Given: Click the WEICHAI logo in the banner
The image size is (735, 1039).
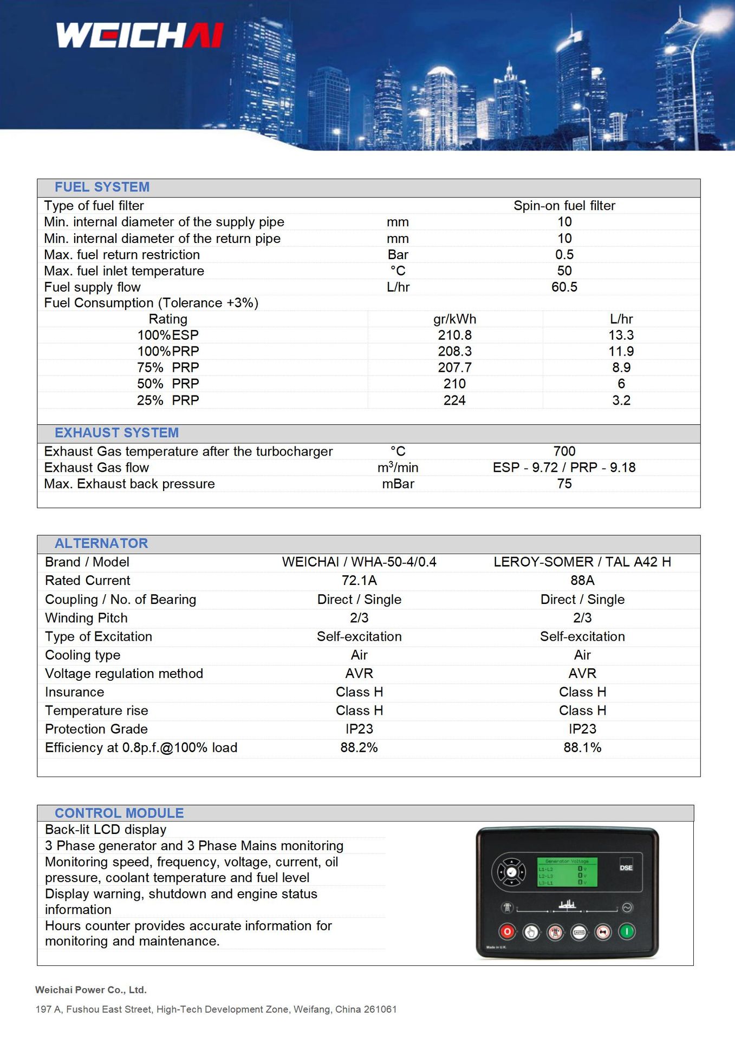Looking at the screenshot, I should point(140,35).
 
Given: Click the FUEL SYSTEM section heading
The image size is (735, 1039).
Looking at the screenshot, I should point(102,187).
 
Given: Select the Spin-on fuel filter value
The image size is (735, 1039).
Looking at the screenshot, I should point(564,206).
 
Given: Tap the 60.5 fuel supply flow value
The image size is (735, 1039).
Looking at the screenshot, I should point(564,287).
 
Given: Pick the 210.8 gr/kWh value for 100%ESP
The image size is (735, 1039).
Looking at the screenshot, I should point(454,335).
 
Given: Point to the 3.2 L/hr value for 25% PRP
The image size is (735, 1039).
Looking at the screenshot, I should point(621,400).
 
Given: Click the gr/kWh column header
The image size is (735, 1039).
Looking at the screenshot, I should point(454,319).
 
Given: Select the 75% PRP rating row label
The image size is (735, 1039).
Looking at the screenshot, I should point(168,367).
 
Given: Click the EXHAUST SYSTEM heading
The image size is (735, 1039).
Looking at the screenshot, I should point(116,433).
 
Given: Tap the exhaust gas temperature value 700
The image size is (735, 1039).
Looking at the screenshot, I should point(564,451).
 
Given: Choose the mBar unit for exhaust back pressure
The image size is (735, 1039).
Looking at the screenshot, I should point(398,484).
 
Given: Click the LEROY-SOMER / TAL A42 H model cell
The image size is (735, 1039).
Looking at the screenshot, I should point(582,562).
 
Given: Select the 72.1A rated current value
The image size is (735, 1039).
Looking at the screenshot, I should point(359,581).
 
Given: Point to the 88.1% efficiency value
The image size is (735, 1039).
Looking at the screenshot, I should point(582,747).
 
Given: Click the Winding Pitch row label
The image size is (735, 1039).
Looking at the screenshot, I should point(86,618).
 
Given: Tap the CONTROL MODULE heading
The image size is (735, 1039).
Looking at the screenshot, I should point(119,813).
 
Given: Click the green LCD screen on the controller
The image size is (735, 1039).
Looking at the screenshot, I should point(567,872).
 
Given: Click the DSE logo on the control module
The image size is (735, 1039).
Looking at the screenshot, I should point(626,867).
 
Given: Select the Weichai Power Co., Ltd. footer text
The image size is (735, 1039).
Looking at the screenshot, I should point(91,990).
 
